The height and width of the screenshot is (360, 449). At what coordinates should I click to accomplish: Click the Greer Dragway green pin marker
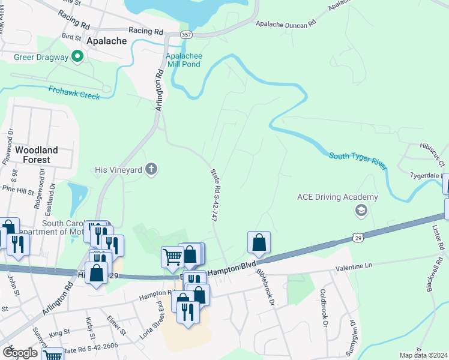point(77,57)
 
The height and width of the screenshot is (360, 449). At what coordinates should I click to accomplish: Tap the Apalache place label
point(107,41)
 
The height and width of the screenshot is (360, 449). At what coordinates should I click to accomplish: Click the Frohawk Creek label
point(74,91)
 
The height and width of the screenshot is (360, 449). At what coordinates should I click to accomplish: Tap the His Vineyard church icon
point(151,170)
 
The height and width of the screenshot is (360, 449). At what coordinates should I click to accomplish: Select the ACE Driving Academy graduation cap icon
point(361,210)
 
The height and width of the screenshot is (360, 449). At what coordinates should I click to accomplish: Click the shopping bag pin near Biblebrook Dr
point(259,242)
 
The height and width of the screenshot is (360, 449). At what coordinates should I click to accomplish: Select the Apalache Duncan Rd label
point(286,25)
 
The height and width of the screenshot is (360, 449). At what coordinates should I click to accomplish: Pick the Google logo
point(20,352)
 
